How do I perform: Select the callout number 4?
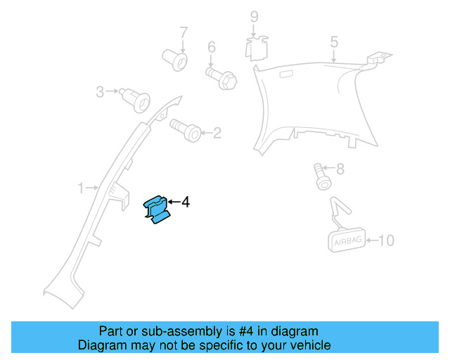[x=185, y=202]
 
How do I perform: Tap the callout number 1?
[x=82, y=188]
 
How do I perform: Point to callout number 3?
[x=100, y=91]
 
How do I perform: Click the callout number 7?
[x=184, y=32]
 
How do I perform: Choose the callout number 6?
[x=210, y=47]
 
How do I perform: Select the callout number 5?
[x=334, y=42]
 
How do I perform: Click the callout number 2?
[x=217, y=132]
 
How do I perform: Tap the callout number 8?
[x=340, y=169]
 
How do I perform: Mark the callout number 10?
[x=387, y=240]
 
